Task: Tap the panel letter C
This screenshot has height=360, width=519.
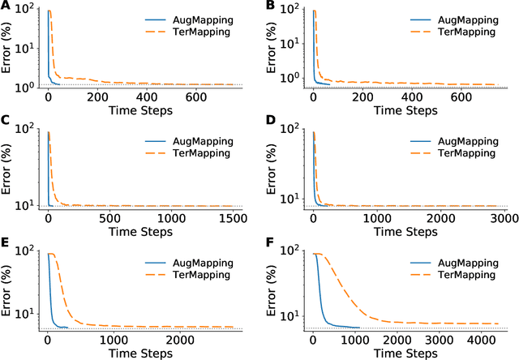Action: coord(6,124)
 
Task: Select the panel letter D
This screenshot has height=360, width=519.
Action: coord(270,124)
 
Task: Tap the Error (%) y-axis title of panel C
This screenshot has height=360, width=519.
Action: coord(7,169)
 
